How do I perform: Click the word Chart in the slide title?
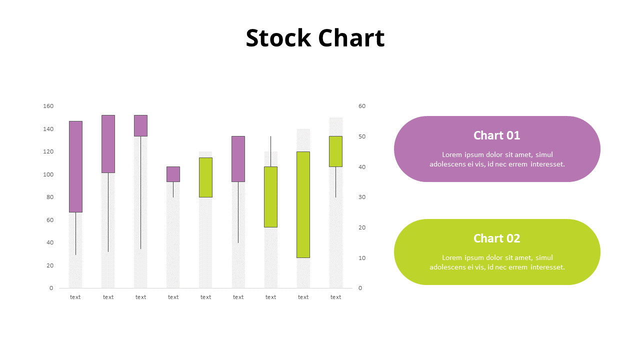(x=351, y=38)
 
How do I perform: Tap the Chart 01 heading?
(x=496, y=135)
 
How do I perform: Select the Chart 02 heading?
(x=496, y=238)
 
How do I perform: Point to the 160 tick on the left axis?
(x=48, y=106)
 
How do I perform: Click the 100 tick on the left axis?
(x=48, y=174)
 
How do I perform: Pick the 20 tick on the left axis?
(x=49, y=265)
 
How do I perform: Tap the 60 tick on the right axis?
(x=362, y=106)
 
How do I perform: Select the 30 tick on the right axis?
(x=362, y=197)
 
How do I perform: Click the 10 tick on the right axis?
(x=362, y=258)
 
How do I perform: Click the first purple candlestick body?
(x=75, y=166)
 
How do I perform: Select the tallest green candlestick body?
(x=303, y=204)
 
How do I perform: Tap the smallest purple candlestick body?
(x=173, y=174)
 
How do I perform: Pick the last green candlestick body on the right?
(x=335, y=151)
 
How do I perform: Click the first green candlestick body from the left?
(x=205, y=177)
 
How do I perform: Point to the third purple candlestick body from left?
(x=140, y=125)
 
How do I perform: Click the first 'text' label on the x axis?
(x=75, y=297)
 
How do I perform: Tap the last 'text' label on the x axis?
(x=335, y=297)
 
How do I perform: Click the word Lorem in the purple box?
(x=452, y=154)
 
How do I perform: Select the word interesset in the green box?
(x=547, y=267)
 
